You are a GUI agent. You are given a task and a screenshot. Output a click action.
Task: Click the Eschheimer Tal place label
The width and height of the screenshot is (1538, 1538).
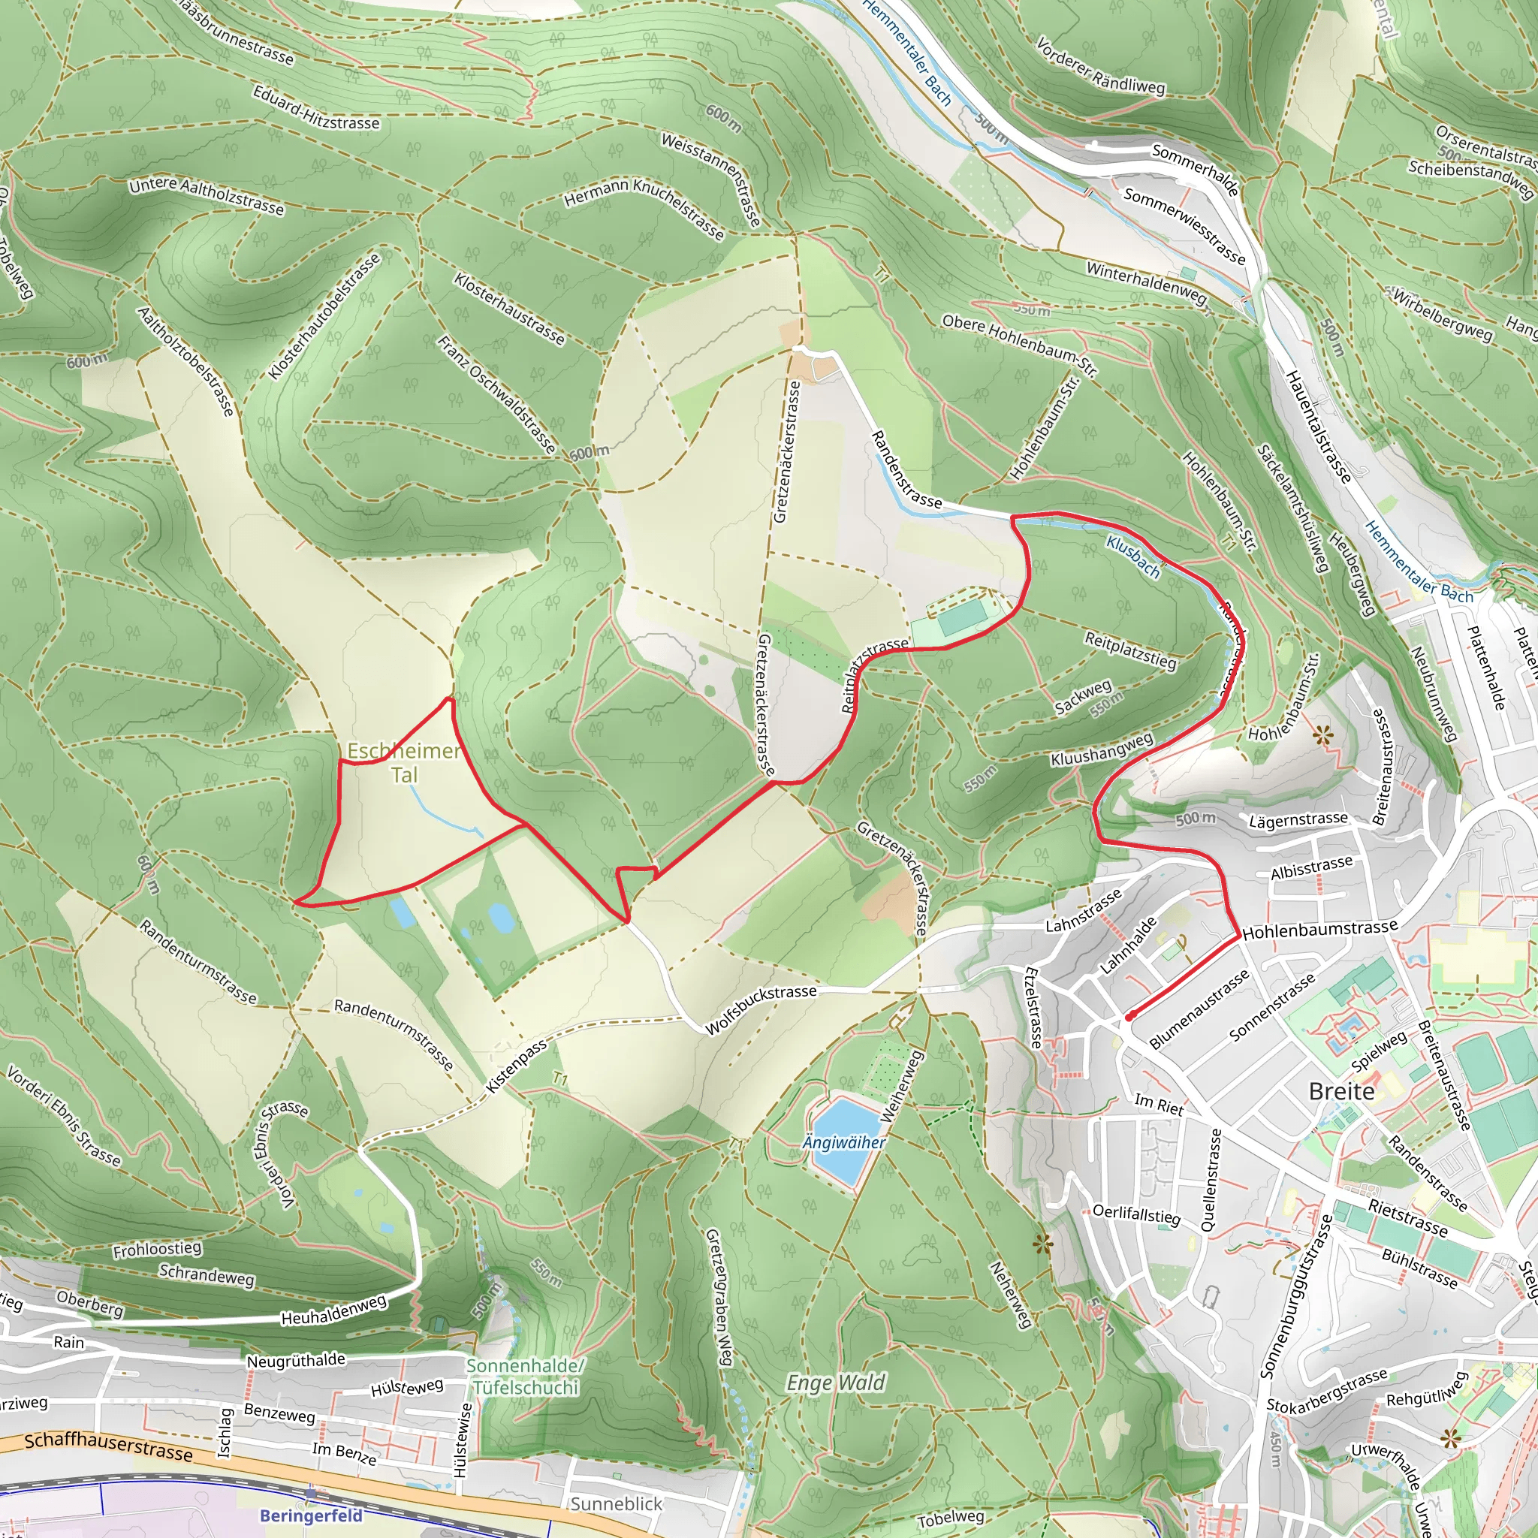(403, 761)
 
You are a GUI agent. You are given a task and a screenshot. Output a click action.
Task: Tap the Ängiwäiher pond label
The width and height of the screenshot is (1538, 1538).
(843, 1142)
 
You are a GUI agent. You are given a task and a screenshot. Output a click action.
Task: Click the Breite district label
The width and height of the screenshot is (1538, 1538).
(1341, 1091)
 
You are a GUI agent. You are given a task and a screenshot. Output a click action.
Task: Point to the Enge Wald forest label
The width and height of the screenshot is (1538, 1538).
(835, 1383)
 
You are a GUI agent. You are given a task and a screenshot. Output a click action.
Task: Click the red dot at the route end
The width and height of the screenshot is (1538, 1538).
(1129, 1017)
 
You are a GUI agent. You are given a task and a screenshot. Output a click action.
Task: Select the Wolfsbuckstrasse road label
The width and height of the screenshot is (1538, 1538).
(761, 1009)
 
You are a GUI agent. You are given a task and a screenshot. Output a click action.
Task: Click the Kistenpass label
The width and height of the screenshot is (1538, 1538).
(517, 1066)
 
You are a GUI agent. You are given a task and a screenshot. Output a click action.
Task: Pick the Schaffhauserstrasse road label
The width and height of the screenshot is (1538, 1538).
(108, 1446)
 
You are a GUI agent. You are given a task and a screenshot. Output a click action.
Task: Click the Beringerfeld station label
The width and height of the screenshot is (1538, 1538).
(311, 1515)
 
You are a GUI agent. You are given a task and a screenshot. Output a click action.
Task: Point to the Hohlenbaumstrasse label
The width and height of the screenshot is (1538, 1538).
(1320, 929)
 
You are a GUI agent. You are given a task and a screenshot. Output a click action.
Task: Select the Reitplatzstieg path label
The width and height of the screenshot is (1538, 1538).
(1130, 649)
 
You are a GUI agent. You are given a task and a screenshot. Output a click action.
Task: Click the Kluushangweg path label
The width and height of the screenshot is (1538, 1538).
(1102, 749)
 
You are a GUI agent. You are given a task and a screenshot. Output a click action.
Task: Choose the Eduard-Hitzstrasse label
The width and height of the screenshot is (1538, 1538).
(316, 107)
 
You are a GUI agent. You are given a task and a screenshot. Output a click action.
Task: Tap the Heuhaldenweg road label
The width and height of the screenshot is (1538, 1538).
(333, 1310)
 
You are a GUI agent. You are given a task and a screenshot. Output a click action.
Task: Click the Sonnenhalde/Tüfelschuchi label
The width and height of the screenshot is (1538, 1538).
(526, 1377)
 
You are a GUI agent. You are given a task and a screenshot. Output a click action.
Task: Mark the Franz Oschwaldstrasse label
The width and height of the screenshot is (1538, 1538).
(496, 395)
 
